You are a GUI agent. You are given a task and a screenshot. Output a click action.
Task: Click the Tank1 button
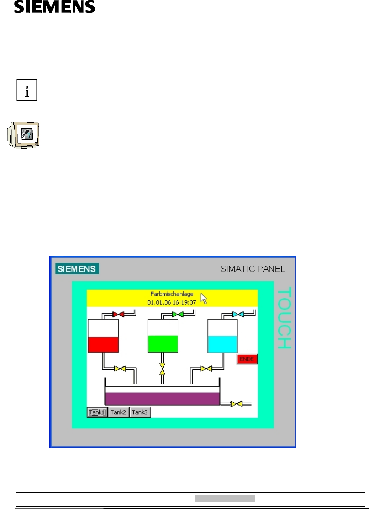point(97,412)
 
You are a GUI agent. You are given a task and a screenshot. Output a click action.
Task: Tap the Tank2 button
point(118,412)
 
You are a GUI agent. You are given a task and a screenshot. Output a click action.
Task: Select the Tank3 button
point(139,412)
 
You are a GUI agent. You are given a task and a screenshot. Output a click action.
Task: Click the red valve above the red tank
point(118,314)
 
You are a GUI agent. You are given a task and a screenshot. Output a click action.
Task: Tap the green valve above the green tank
point(178,314)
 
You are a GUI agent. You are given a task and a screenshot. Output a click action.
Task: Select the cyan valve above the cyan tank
point(238,314)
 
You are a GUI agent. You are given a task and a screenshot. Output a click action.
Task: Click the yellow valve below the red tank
point(120,369)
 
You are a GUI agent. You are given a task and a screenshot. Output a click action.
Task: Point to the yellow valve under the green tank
point(162,369)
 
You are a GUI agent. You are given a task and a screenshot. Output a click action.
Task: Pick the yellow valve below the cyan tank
point(206,369)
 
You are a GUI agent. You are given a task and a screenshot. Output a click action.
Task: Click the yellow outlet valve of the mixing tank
point(236,404)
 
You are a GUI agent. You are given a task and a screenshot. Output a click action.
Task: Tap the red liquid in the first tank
point(103,344)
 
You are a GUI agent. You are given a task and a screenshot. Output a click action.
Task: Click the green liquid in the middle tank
point(163,344)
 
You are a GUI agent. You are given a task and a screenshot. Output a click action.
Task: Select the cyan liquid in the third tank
point(222,344)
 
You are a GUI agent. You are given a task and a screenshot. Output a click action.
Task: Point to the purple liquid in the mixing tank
point(162,398)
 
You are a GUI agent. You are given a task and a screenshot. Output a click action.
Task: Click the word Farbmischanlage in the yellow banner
point(172,294)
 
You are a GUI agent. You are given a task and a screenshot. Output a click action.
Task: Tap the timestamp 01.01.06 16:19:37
point(172,302)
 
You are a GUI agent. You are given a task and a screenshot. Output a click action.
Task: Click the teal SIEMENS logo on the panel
point(77,269)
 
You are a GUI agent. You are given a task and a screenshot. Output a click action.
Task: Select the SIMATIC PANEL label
point(253,269)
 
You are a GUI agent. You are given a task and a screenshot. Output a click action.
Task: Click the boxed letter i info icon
point(27,90)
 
